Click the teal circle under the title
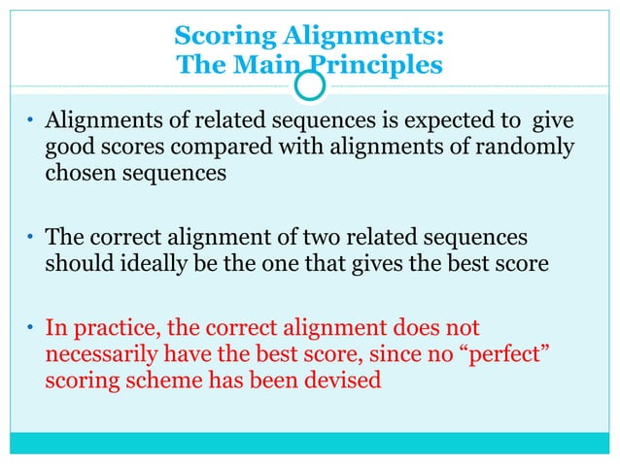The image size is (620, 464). (309, 88)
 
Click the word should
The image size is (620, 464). (75, 264)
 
